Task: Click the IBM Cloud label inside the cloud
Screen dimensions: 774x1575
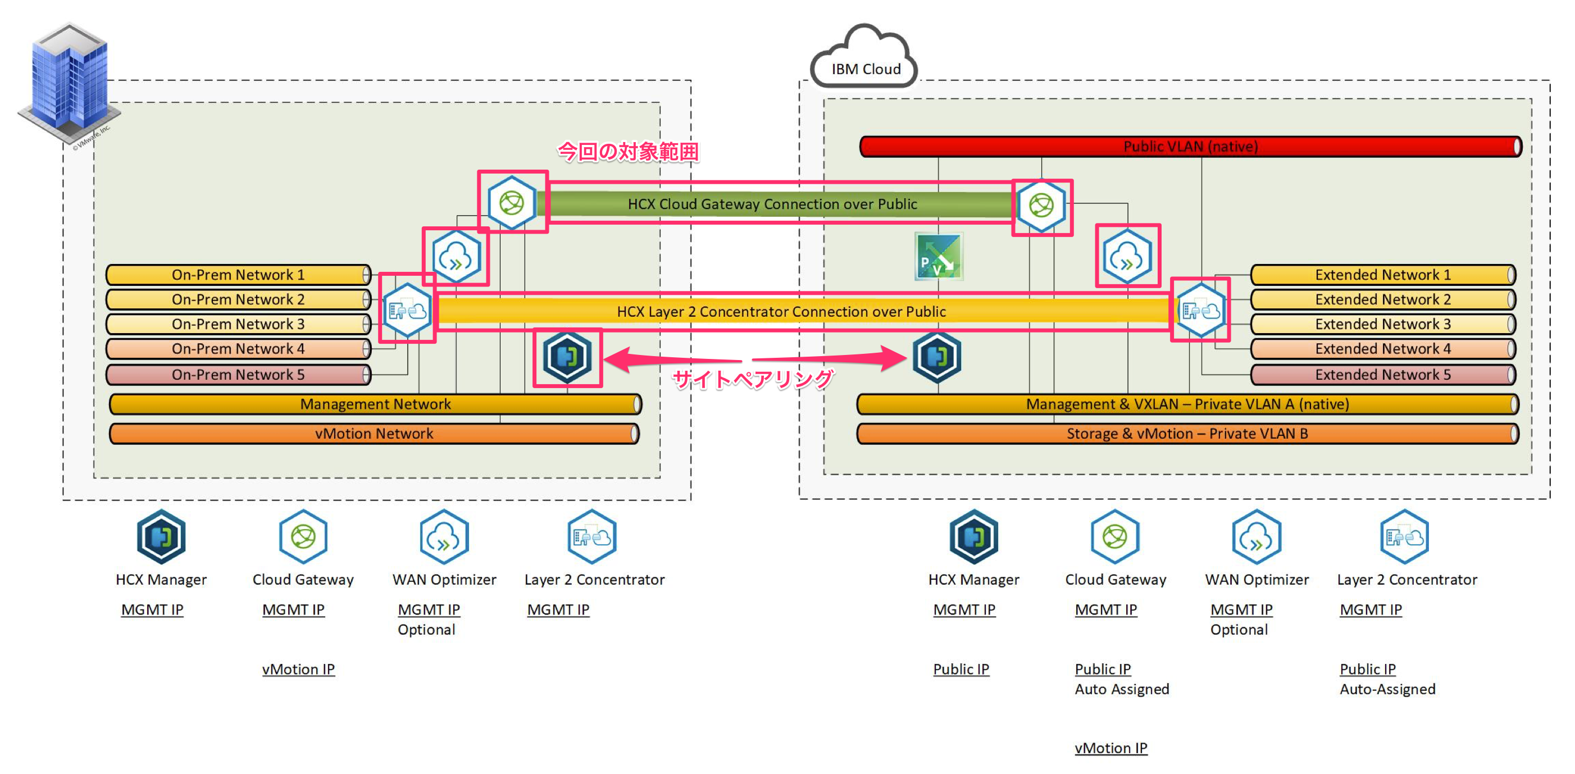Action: point(866,69)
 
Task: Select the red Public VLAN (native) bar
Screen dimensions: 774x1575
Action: point(1190,147)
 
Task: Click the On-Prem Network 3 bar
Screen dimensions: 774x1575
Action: point(239,324)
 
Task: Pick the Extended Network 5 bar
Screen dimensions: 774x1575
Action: point(1382,375)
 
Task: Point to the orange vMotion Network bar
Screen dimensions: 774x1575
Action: point(374,434)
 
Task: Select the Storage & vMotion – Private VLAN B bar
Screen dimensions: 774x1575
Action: point(1187,434)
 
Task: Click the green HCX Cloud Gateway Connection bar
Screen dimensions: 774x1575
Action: point(772,204)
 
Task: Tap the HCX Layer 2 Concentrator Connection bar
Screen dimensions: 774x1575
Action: point(781,312)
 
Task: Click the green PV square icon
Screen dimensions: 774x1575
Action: point(939,257)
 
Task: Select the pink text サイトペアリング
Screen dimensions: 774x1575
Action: point(753,380)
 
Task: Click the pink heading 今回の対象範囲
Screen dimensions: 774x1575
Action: point(628,152)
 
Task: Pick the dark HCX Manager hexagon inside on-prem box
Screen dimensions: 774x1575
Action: point(567,357)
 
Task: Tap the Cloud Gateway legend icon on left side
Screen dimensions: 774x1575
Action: point(303,537)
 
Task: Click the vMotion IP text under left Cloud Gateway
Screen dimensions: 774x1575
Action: point(298,669)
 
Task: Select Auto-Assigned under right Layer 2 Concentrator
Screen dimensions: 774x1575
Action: point(1387,689)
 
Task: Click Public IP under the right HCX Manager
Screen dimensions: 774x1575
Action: point(961,669)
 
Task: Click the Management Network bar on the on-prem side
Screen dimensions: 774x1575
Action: point(375,404)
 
